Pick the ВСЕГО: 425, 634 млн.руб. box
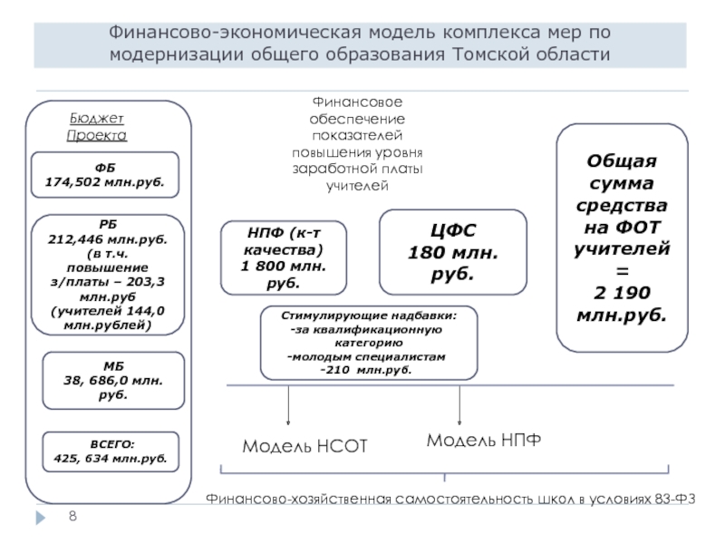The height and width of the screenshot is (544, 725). click(111, 452)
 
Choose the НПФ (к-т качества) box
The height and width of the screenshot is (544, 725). click(284, 257)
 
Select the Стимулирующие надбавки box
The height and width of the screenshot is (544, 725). click(369, 343)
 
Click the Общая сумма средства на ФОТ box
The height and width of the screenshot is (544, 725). click(621, 238)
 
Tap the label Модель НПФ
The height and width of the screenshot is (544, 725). click(484, 440)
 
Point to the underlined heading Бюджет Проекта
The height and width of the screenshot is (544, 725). click(96, 127)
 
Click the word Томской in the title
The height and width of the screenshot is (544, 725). click(489, 54)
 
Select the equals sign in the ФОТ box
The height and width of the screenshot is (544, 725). click(622, 270)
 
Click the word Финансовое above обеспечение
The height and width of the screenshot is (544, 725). click(358, 102)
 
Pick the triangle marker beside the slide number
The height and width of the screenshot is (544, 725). click(39, 516)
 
